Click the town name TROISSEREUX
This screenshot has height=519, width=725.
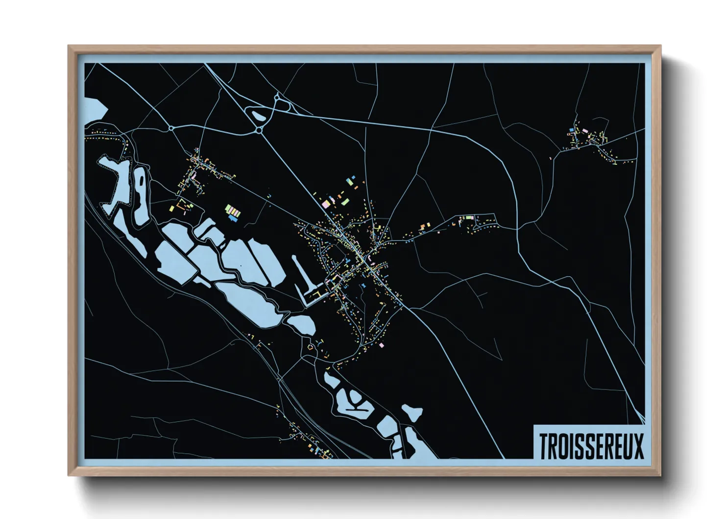pyautogui.click(x=591, y=445)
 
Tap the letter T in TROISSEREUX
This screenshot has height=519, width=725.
pyautogui.click(x=544, y=445)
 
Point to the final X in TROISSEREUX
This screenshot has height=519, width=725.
pyautogui.click(x=638, y=445)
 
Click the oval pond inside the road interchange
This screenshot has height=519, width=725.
pyautogui.click(x=257, y=116)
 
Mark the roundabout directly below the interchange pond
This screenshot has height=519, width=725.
pyautogui.click(x=259, y=130)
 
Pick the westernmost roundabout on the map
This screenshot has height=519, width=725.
pyautogui.click(x=171, y=128)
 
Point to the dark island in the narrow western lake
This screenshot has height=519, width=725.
pyautogui.click(x=142, y=180)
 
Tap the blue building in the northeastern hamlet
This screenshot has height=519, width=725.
pyautogui.click(x=572, y=130)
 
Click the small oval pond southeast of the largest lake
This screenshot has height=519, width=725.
pyautogui.click(x=301, y=324)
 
